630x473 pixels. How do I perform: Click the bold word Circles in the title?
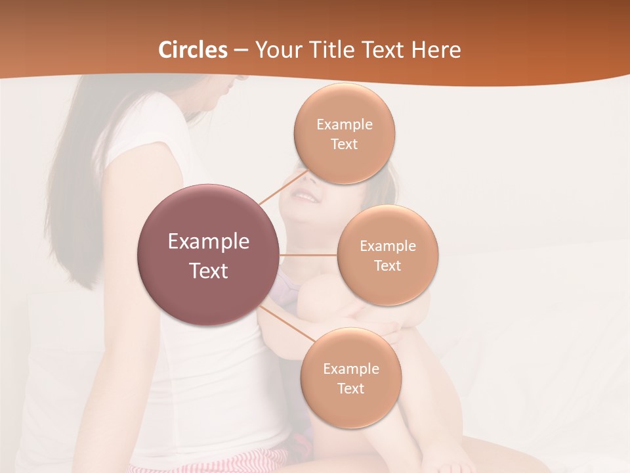[193, 50]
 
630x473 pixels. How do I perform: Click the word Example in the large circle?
[209, 242]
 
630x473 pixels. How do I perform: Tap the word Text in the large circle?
[209, 271]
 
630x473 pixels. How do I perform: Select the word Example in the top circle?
[345, 125]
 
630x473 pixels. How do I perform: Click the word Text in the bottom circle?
[350, 388]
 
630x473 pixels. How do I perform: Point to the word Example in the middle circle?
[388, 246]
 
